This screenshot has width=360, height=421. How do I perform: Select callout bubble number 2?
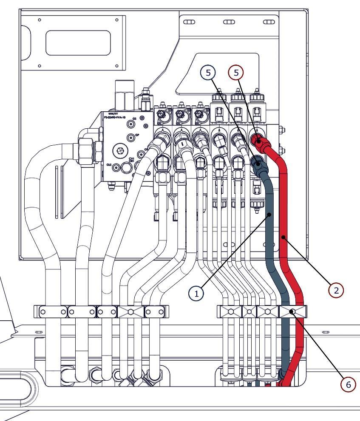click(336, 290)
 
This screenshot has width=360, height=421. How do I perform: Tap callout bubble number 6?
click(348, 384)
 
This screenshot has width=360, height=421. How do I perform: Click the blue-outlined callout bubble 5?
click(208, 73)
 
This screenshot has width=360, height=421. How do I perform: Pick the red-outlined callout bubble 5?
click(236, 73)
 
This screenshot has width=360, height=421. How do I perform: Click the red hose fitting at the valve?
click(258, 140)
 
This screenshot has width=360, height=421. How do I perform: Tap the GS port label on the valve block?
click(135, 119)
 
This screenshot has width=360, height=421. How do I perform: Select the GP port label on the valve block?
click(137, 135)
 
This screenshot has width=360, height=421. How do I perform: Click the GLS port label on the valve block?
click(109, 164)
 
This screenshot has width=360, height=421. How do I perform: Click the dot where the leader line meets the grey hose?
click(269, 216)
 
